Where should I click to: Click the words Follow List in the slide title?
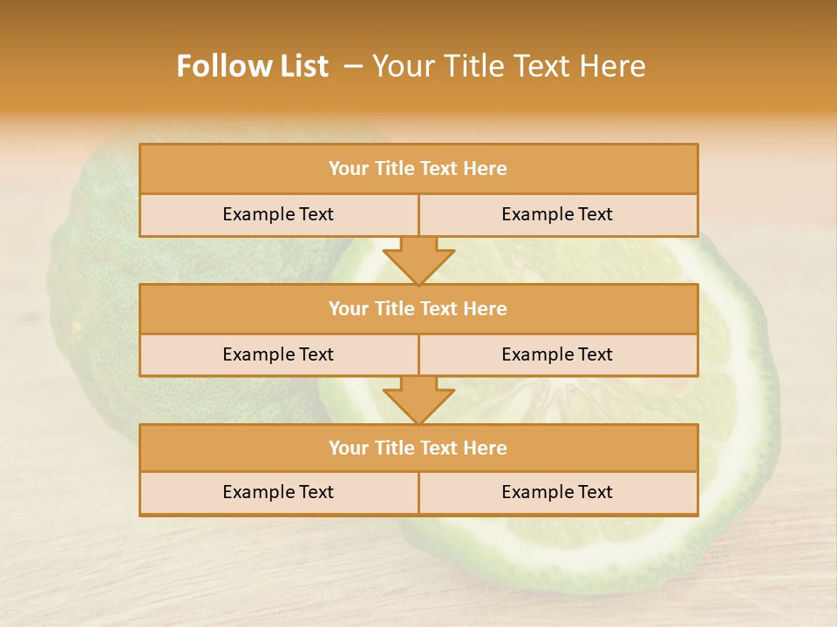pyautogui.click(x=252, y=66)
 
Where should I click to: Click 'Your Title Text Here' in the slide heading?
pyautogui.click(x=508, y=66)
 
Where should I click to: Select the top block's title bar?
pyautogui.click(x=418, y=169)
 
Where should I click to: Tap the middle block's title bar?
pyautogui.click(x=418, y=308)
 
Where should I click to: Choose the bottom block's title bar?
pyautogui.click(x=418, y=448)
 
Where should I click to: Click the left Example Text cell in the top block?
pyautogui.click(x=278, y=214)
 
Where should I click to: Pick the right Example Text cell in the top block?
pyautogui.click(x=557, y=214)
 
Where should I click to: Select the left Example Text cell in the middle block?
pyautogui.click(x=278, y=354)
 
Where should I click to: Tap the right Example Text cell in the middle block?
pyautogui.click(x=557, y=354)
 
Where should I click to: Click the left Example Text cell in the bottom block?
pyautogui.click(x=278, y=492)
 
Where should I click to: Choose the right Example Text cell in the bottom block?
pyautogui.click(x=557, y=492)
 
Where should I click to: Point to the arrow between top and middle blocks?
pyautogui.click(x=418, y=260)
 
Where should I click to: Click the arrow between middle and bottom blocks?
pyautogui.click(x=418, y=400)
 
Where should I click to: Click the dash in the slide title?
pyautogui.click(x=353, y=66)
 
